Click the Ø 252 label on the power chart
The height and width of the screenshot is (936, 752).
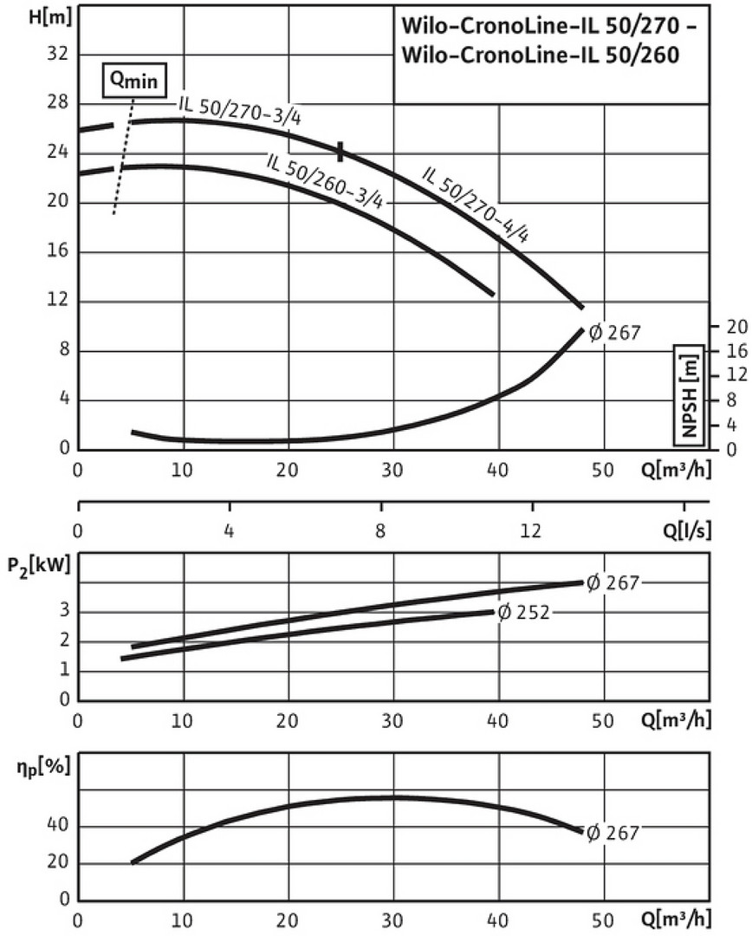524,613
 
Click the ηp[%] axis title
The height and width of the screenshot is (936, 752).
38,766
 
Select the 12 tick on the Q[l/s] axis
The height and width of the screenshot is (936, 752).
531,530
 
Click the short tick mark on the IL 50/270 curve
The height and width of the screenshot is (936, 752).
341,152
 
